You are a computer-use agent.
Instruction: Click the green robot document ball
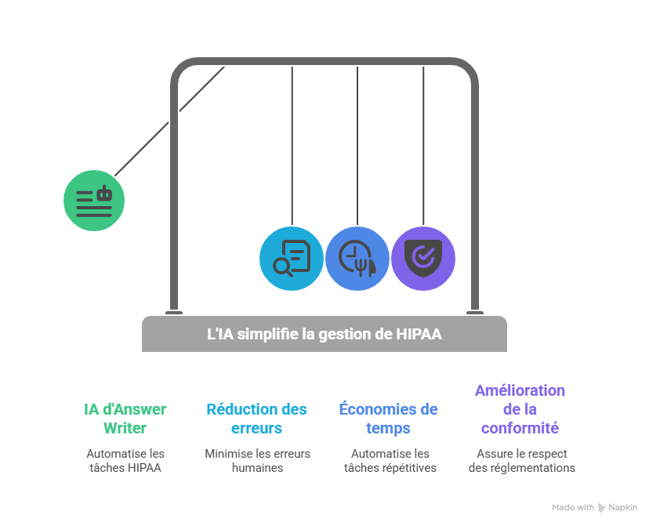pyautogui.click(x=94, y=200)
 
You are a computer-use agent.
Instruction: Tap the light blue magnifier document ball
pyautogui.click(x=292, y=258)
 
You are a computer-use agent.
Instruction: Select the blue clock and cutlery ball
pyautogui.click(x=357, y=258)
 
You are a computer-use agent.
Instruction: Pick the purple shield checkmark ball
pyautogui.click(x=423, y=258)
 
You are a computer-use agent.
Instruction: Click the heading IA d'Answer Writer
pyautogui.click(x=125, y=419)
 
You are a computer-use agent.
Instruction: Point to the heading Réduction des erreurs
pyautogui.click(x=257, y=419)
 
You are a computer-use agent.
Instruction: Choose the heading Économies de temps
pyautogui.click(x=388, y=419)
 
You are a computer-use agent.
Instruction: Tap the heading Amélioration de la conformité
pyautogui.click(x=520, y=409)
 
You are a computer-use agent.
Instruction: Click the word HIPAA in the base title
pyautogui.click(x=419, y=335)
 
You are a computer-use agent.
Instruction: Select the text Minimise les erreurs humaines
pyautogui.click(x=257, y=460)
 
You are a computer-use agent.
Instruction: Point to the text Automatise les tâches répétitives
pyautogui.click(x=390, y=460)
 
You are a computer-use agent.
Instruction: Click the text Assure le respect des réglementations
pyautogui.click(x=521, y=460)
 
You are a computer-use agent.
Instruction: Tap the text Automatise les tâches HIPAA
pyautogui.click(x=125, y=460)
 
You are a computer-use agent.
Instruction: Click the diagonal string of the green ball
pyautogui.click(x=169, y=121)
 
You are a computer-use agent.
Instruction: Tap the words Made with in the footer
pyautogui.click(x=573, y=508)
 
